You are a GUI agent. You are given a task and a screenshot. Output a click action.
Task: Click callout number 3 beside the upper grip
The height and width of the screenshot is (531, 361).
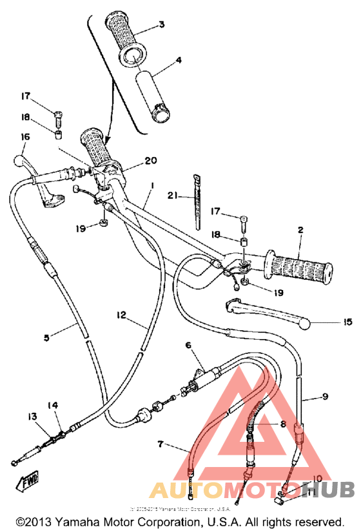tap(161, 25)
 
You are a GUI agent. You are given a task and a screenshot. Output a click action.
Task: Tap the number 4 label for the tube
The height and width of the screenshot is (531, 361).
tap(178, 61)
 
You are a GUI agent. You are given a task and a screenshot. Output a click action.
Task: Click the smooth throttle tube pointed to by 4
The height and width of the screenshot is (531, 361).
tap(152, 96)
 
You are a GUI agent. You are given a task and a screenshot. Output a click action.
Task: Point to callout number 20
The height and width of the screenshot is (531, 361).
tap(151, 160)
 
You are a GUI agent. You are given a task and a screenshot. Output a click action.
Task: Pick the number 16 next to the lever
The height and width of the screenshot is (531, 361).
tap(25, 136)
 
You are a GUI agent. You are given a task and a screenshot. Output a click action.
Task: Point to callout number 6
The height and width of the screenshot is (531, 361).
tap(188, 346)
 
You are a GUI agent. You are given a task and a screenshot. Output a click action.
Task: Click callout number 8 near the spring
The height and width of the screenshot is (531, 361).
tap(282, 424)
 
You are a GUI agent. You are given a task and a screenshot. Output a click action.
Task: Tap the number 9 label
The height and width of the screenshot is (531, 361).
tap(325, 397)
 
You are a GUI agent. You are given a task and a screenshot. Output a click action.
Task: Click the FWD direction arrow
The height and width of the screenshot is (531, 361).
tap(29, 481)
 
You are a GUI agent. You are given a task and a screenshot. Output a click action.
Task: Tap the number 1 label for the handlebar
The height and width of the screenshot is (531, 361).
tap(151, 185)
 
